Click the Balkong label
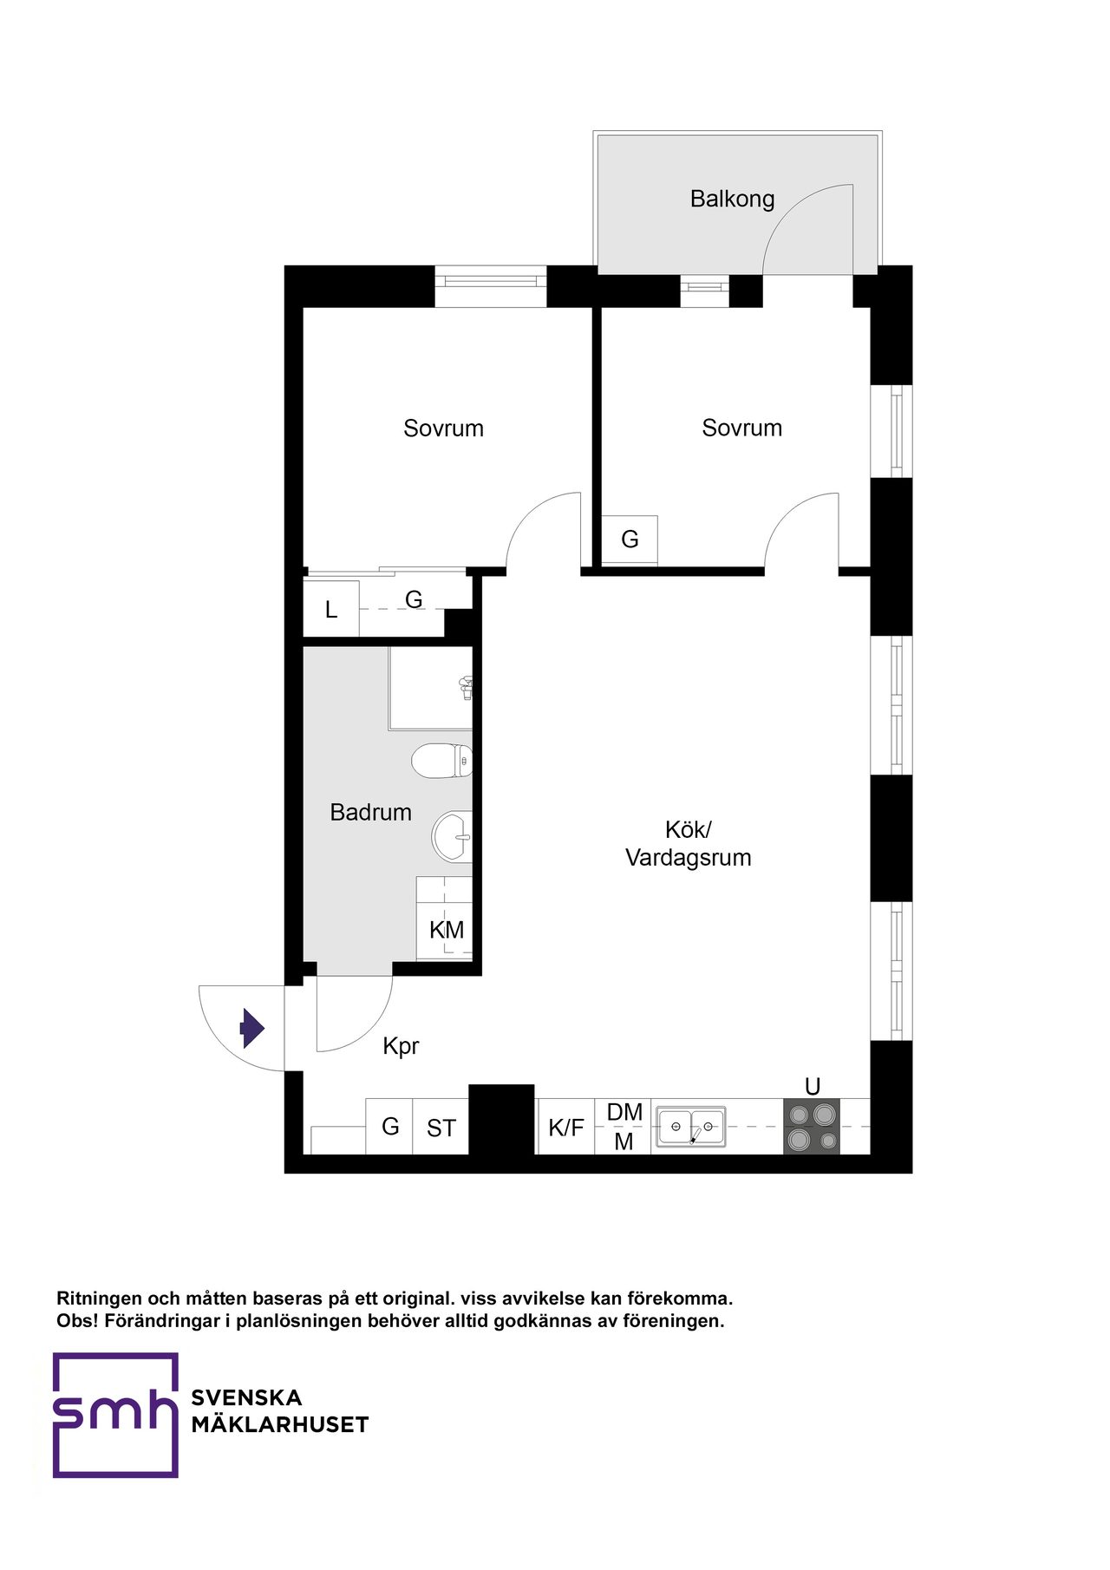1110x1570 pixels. pyautogui.click(x=732, y=200)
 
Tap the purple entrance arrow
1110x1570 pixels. pyautogui.click(x=252, y=1029)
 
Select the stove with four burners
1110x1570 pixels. pyautogui.click(x=812, y=1127)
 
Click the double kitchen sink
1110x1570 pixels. pyautogui.click(x=690, y=1127)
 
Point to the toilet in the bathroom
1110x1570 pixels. pyautogui.click(x=441, y=761)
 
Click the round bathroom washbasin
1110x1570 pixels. pyautogui.click(x=452, y=836)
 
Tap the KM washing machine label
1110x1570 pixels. pyautogui.click(x=447, y=930)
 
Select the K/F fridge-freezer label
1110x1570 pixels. pyautogui.click(x=566, y=1128)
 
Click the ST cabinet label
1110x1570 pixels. pyautogui.click(x=441, y=1128)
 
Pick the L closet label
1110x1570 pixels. pyautogui.click(x=331, y=610)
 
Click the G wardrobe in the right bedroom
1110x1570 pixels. pyautogui.click(x=630, y=540)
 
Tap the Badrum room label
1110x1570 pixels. pyautogui.click(x=370, y=813)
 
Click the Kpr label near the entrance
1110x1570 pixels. pyautogui.click(x=401, y=1047)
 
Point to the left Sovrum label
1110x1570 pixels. pyautogui.click(x=443, y=428)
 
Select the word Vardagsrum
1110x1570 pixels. pyautogui.click(x=689, y=858)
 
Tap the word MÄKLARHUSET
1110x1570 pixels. pyautogui.click(x=280, y=1425)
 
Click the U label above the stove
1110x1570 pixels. pyautogui.click(x=813, y=1087)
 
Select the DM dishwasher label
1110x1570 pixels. pyautogui.click(x=624, y=1112)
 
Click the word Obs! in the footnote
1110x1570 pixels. pyautogui.click(x=77, y=1321)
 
